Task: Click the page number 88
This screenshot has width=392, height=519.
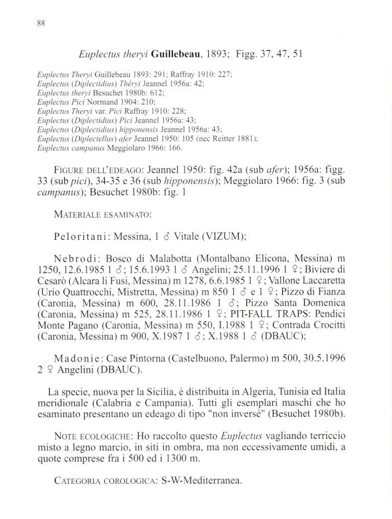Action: pyautogui.click(x=41, y=23)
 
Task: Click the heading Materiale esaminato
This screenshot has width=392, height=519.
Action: pyautogui.click(x=102, y=215)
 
